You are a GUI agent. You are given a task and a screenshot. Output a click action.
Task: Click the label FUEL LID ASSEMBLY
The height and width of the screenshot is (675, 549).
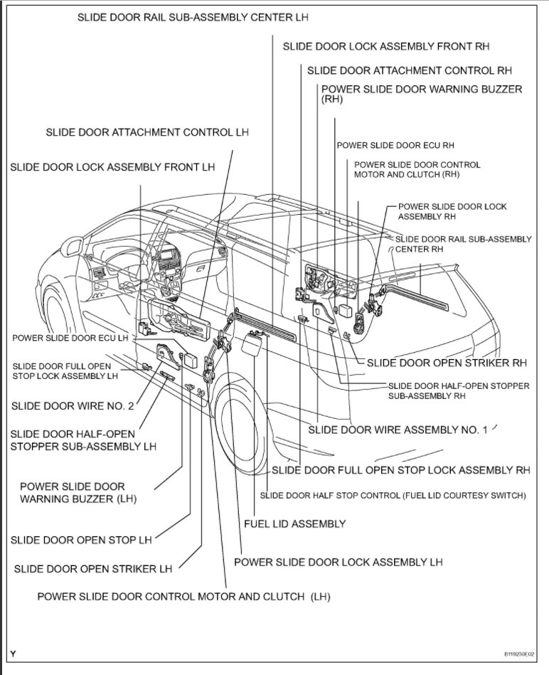pyautogui.click(x=294, y=523)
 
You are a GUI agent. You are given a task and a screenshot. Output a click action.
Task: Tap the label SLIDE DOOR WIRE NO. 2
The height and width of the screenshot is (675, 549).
pyautogui.click(x=72, y=406)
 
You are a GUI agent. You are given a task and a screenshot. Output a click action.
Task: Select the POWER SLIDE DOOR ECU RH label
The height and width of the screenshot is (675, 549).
pyautogui.click(x=395, y=145)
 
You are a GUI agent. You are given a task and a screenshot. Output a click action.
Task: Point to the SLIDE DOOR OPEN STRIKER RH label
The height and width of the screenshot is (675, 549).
pyautogui.click(x=447, y=363)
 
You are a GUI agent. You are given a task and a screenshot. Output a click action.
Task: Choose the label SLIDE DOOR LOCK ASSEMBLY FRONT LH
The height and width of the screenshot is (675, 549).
pyautogui.click(x=112, y=167)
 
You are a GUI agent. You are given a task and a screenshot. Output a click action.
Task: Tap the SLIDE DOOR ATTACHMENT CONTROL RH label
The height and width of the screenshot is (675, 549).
pyautogui.click(x=409, y=70)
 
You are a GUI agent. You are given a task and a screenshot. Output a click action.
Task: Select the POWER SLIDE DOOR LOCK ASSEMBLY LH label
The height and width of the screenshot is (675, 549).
pyautogui.click(x=338, y=562)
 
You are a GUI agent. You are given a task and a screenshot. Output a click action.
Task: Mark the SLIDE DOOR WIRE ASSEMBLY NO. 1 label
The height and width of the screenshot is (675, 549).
pyautogui.click(x=398, y=430)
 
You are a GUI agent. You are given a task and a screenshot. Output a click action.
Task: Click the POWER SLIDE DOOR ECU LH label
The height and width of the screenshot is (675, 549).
pyautogui.click(x=70, y=338)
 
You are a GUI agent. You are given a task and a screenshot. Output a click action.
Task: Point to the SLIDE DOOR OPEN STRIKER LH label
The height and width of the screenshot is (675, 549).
pyautogui.click(x=92, y=569)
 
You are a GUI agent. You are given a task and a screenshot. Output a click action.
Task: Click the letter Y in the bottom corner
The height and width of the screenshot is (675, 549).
pyautogui.click(x=13, y=654)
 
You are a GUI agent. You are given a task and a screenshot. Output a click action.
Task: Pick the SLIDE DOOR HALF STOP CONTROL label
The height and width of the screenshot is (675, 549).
pyautogui.click(x=393, y=495)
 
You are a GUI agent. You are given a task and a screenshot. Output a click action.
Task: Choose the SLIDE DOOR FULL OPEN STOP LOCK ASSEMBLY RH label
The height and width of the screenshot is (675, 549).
pyautogui.click(x=401, y=470)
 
